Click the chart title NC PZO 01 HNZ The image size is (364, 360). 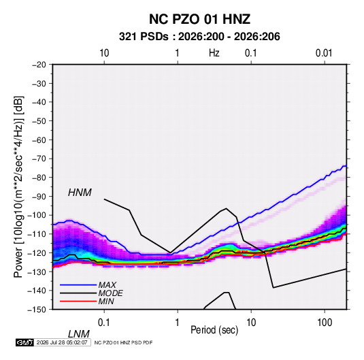click(x=199, y=19)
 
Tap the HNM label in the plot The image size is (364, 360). click(x=80, y=193)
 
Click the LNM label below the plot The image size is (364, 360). click(x=79, y=334)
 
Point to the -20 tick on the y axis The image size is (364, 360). click(x=39, y=65)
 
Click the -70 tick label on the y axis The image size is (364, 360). click(x=39, y=159)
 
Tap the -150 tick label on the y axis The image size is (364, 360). click(x=37, y=310)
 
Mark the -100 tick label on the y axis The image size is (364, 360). click(x=37, y=215)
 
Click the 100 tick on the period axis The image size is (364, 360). click(x=325, y=323)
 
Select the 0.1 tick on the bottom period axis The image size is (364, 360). click(x=104, y=323)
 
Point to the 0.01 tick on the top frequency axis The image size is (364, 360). click(x=324, y=53)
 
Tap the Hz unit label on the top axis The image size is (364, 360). click(x=214, y=53)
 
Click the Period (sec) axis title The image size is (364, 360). click(x=214, y=330)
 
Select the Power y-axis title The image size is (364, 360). click(x=18, y=187)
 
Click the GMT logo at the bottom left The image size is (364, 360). click(x=25, y=342)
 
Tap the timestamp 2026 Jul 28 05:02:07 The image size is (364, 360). click(x=62, y=342)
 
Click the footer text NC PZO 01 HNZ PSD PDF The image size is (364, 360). click(x=123, y=342)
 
